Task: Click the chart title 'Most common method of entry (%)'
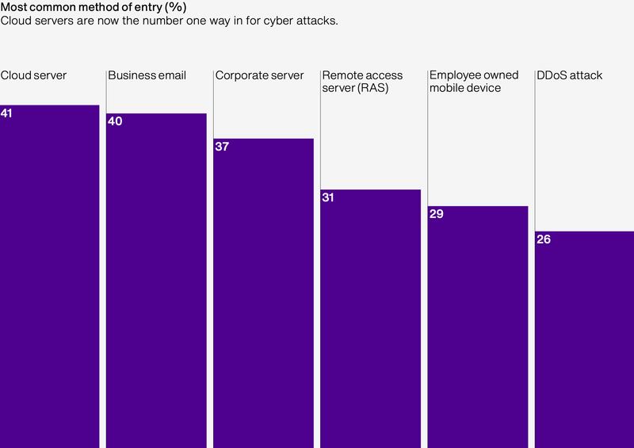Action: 93,7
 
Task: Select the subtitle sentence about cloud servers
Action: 170,21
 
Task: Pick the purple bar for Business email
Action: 156,281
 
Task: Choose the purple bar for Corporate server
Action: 263,293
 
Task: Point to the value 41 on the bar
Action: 7,113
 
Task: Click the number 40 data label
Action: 114,121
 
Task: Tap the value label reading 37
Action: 221,147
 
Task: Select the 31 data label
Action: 328,197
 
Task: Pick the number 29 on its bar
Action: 435,214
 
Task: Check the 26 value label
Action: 543,239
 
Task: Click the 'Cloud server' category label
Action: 33,76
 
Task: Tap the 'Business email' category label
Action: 147,76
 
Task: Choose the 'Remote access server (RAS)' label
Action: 363,82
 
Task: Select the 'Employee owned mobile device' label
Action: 473,82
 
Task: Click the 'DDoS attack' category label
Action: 569,76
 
